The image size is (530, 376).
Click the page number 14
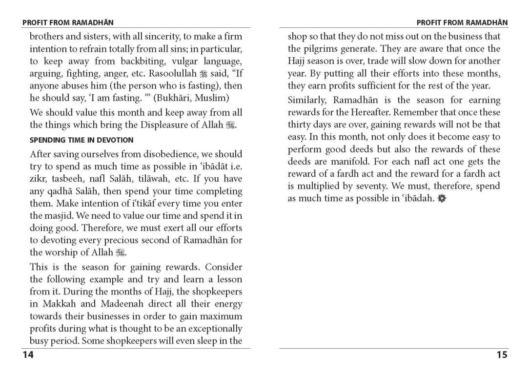(x=28, y=355)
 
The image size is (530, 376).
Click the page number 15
(x=502, y=355)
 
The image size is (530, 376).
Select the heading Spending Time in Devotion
(x=82, y=140)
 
